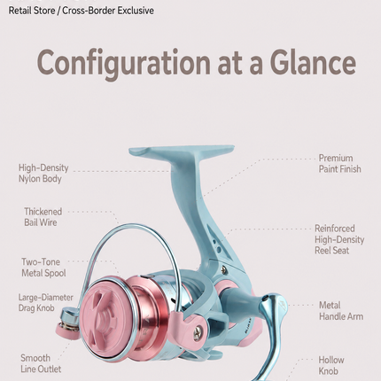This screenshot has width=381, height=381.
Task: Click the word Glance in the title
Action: [313, 63]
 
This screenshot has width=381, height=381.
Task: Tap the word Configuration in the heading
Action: [124, 64]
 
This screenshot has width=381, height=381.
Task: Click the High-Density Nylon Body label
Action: [43, 173]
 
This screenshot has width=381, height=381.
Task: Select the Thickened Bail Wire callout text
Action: [43, 217]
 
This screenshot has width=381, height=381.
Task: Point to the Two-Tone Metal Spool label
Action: [43, 268]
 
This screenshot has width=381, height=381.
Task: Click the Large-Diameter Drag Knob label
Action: [45, 302]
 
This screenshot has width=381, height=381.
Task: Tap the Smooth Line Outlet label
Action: [41, 363]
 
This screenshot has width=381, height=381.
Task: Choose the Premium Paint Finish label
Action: [339, 164]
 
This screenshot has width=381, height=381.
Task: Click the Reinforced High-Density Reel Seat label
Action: [339, 239]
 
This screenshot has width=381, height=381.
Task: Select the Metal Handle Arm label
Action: [341, 311]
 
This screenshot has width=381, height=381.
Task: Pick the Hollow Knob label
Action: [331, 365]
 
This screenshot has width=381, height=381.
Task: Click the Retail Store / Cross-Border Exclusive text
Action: [81, 11]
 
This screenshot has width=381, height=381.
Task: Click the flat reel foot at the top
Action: [181, 152]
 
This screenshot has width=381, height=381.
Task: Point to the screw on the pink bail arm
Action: [198, 333]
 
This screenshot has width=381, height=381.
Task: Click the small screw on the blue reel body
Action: [223, 269]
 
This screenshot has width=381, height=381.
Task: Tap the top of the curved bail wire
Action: [130, 225]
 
